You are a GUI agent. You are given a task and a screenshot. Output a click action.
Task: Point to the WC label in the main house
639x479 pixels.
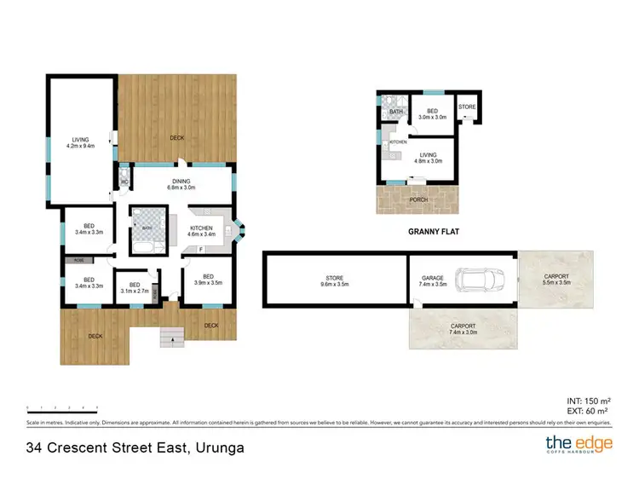coord(124,182)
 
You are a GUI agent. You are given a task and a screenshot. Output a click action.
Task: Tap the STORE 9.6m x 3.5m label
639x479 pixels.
coord(333,280)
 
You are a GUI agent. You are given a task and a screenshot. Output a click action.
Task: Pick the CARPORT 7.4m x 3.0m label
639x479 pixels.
coord(463,329)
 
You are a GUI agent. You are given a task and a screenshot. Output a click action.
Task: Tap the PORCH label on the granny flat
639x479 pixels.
coord(417,201)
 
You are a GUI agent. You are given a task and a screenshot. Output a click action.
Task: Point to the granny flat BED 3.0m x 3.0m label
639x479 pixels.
coord(433,115)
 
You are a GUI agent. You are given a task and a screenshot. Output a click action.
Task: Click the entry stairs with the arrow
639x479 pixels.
coord(173,337)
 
